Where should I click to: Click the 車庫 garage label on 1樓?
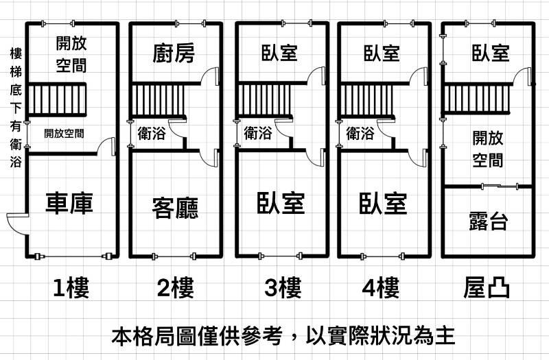pos(69,203)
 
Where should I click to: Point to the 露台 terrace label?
pos(488,220)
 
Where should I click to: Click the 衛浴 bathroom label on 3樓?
pos(258,133)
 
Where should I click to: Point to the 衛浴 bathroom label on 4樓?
pos(360,133)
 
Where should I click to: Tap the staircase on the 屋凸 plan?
pos(478,99)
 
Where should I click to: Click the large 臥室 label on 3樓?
pos(281,203)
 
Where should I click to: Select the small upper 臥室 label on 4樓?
pos(382,53)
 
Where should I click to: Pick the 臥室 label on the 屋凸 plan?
pos(490,53)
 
